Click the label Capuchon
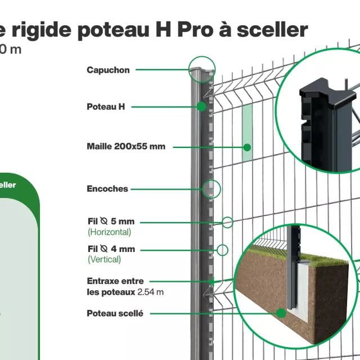point(108,70)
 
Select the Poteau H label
point(106,106)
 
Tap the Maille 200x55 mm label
point(126,146)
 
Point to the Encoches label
point(107,189)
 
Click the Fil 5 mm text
point(111,222)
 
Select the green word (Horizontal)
point(109,232)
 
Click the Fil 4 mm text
point(111,249)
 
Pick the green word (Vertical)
point(104,259)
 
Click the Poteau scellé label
point(115,313)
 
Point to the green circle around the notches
point(211,189)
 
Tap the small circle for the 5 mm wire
point(227,222)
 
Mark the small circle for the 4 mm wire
point(222,250)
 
